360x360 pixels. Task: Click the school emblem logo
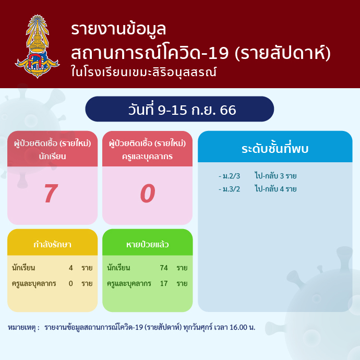click(x=37, y=46)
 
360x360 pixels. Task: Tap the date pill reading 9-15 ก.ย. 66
click(x=179, y=109)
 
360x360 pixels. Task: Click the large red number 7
click(x=51, y=194)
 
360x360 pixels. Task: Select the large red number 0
click(x=148, y=194)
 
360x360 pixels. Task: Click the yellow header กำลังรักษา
click(x=52, y=244)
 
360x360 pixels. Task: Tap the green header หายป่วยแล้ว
click(x=148, y=244)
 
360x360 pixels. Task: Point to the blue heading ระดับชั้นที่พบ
click(x=275, y=149)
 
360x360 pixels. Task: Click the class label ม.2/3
click(x=231, y=176)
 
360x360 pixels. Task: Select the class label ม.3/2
click(x=231, y=189)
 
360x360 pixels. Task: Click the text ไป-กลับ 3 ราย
click(x=275, y=176)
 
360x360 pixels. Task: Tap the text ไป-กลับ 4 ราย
click(x=275, y=189)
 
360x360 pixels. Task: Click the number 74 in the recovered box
click(x=164, y=268)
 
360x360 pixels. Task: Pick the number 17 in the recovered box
click(x=164, y=283)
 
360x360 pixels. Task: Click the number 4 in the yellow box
click(x=71, y=268)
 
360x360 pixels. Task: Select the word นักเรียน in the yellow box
click(x=23, y=268)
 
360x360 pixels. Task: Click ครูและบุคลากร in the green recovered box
click(x=129, y=283)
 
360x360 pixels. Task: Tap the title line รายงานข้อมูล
click(x=118, y=29)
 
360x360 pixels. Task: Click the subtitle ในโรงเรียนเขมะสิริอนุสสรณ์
click(x=143, y=71)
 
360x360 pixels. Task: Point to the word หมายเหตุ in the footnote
click(x=21, y=328)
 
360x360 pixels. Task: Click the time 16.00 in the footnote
click(x=238, y=327)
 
